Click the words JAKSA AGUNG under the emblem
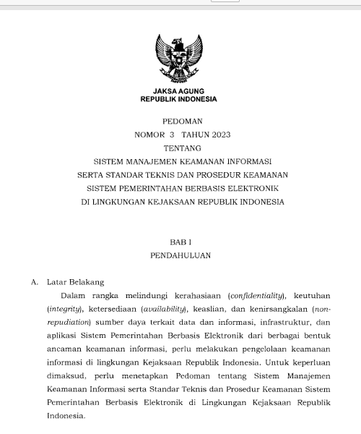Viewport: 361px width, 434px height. pos(178,91)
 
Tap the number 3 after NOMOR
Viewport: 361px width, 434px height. pos(172,135)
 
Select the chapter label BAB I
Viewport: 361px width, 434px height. pos(178,242)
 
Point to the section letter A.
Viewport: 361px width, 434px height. pos(34,282)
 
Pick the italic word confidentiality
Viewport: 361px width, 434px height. pos(256,296)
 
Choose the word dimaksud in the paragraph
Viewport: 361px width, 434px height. pos(66,376)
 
